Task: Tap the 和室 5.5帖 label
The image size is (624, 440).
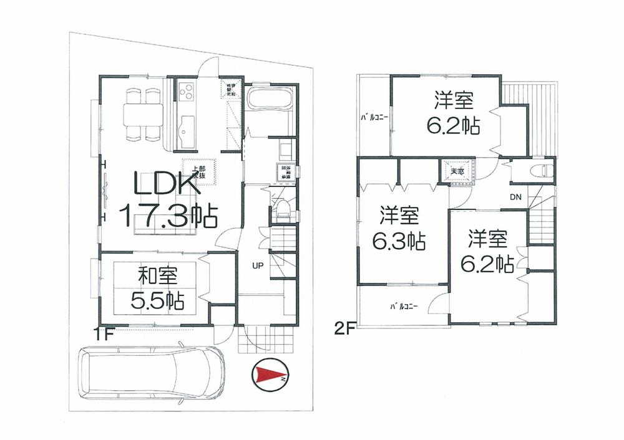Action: pyautogui.click(x=157, y=288)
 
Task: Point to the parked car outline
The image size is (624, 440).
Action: pyautogui.click(x=152, y=373)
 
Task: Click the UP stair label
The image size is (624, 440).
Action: pyautogui.click(x=257, y=265)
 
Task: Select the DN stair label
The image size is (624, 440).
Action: pyautogui.click(x=515, y=198)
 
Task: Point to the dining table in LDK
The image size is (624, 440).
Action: pyautogui.click(x=143, y=115)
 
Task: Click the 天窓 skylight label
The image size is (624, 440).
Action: pyautogui.click(x=458, y=171)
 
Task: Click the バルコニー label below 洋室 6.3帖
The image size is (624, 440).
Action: pyautogui.click(x=404, y=306)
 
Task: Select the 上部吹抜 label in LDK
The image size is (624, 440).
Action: pyautogui.click(x=199, y=173)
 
